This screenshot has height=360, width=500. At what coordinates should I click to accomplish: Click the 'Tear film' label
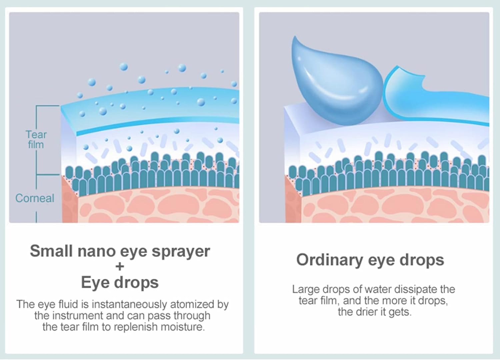click(36, 139)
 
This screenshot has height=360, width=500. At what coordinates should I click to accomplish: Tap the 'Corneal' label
click(35, 198)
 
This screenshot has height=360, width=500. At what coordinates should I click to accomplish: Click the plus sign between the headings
click(120, 266)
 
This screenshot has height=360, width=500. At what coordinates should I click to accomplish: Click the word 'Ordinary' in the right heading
click(328, 260)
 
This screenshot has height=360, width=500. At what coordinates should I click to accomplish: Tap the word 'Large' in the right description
click(306, 289)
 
